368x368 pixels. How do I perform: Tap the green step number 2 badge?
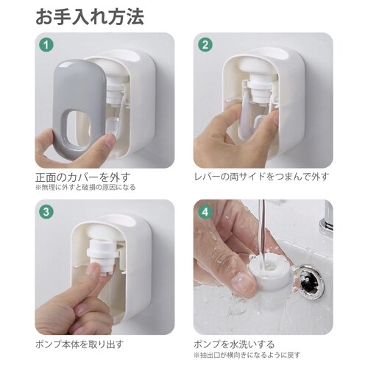click(x=205, y=44)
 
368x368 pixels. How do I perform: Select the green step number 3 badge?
click(x=46, y=212)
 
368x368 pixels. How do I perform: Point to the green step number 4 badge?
click(x=205, y=212)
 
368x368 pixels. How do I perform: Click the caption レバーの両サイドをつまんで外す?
click(x=261, y=177)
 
